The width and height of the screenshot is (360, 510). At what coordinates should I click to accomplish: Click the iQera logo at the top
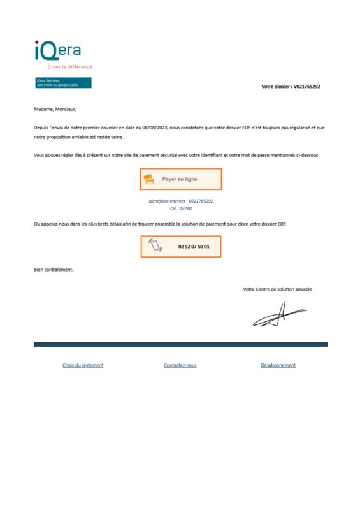57,50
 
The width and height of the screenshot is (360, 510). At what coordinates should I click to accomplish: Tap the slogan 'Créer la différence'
70,67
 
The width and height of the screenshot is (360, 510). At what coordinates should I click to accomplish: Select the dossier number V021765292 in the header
306,86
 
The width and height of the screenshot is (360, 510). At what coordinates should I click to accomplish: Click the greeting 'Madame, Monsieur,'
55,109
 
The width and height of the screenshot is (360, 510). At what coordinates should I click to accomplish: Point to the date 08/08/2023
158,127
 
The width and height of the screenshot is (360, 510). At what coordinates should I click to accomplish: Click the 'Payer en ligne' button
180,179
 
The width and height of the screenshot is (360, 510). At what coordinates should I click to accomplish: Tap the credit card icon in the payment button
148,179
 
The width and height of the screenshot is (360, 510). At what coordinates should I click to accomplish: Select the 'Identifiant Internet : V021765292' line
180,201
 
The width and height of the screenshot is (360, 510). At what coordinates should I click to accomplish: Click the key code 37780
185,208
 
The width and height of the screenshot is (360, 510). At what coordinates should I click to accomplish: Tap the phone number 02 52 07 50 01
194,246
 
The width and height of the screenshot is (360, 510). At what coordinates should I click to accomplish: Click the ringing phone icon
155,246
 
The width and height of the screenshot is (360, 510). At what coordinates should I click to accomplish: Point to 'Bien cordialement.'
54,270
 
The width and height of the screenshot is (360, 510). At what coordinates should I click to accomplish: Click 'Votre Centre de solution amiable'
277,289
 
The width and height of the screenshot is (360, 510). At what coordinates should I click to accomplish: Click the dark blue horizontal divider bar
180,344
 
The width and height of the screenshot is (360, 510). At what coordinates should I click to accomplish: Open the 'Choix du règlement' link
83,365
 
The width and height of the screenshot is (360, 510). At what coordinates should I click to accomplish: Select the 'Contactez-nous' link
180,365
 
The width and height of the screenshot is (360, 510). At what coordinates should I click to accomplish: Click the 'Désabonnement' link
278,365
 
